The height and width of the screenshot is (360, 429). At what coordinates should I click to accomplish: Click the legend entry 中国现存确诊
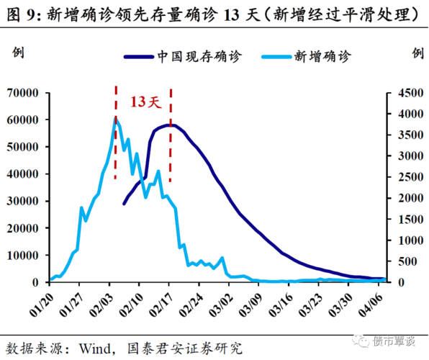(x=195, y=55)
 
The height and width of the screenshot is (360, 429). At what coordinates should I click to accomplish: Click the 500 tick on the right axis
(x=403, y=261)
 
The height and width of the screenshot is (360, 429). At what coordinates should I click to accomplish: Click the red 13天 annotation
(x=143, y=102)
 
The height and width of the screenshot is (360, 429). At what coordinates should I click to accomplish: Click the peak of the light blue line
(x=116, y=118)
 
